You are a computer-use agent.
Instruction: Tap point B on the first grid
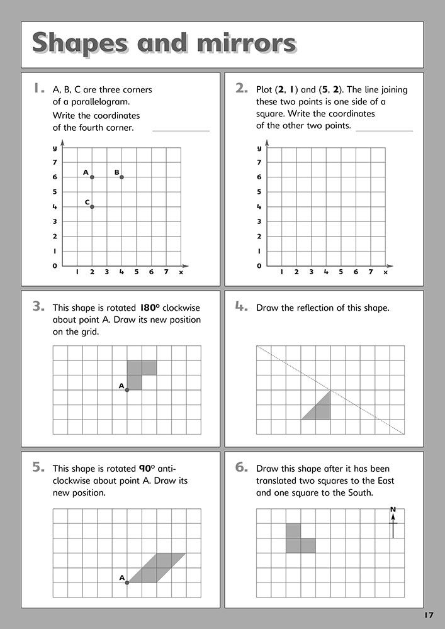coord(121,177)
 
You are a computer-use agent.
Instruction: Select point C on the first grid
coord(92,206)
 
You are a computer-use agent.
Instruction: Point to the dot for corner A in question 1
coord(92,177)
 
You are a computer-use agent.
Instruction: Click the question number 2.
coord(241,89)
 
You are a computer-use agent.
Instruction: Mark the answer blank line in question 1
coord(181,131)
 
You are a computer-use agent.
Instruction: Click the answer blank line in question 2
coord(384,131)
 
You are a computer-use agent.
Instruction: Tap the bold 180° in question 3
coord(150,308)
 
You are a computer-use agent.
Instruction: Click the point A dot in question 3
coord(127,390)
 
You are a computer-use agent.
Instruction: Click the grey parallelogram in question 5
coord(156,567)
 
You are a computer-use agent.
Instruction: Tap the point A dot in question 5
coord(127,582)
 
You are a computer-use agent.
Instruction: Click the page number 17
coord(429,615)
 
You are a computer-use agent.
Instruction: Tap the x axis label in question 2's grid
coord(385,272)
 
